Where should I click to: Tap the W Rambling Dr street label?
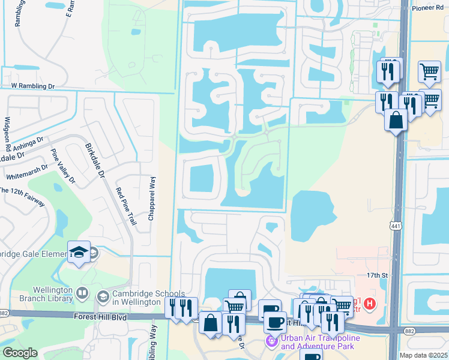click(x=32, y=86)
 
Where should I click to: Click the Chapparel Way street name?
click(x=152, y=199)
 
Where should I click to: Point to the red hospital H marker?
click(x=370, y=304)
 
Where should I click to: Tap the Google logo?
click(x=20, y=353)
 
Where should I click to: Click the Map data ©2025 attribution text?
click(x=424, y=355)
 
